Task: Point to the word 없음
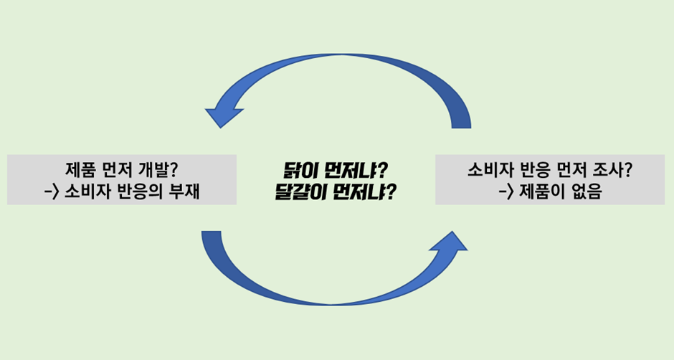tap(587, 191)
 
